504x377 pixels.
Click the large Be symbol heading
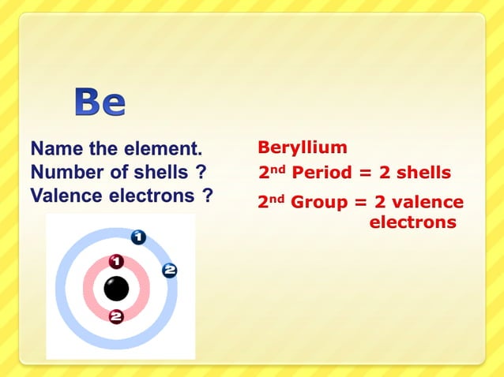tap(100, 103)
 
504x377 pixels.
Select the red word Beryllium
tap(303, 147)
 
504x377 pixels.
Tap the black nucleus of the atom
tap(116, 288)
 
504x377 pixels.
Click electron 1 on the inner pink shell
tap(116, 261)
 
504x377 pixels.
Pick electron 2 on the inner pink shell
tap(116, 317)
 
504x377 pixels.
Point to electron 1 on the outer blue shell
tap(137, 236)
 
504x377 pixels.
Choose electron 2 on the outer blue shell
tap(169, 271)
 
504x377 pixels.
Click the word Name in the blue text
tap(54, 148)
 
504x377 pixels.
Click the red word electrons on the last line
tap(413, 222)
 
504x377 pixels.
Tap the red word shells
tap(423, 173)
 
